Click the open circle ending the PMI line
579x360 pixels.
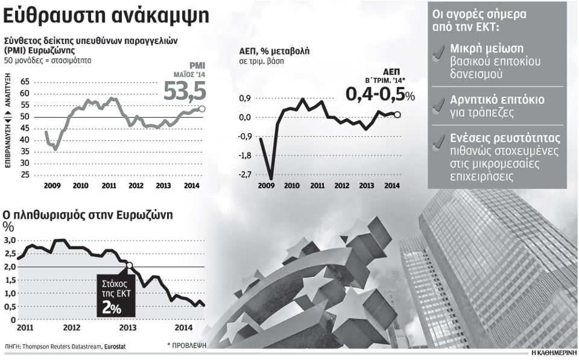[x=201, y=109]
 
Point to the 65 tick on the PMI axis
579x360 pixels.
[x=25, y=81]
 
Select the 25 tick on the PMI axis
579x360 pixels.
[x=25, y=175]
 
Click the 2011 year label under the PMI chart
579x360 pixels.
[x=109, y=186]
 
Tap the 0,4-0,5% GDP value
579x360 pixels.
[x=380, y=94]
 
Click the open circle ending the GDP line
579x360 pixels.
[x=397, y=115]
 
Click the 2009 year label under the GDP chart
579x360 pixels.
[x=266, y=186]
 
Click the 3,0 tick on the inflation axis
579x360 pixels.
[x=10, y=241]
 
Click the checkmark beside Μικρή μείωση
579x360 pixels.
[x=440, y=55]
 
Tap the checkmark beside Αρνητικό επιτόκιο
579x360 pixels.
[x=440, y=105]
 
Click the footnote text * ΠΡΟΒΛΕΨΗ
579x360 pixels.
[x=187, y=346]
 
